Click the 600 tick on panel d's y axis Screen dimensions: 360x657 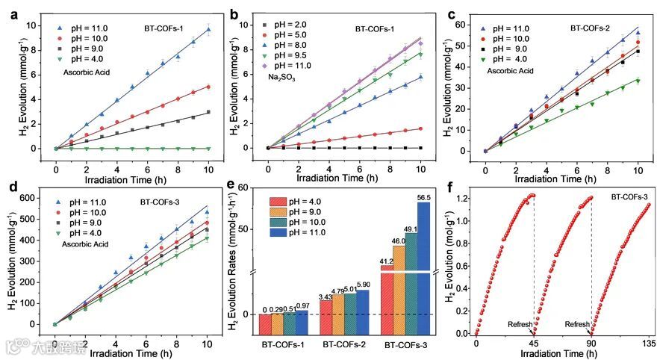[x=31, y=198]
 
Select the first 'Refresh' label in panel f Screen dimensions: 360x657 [x=520, y=325]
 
